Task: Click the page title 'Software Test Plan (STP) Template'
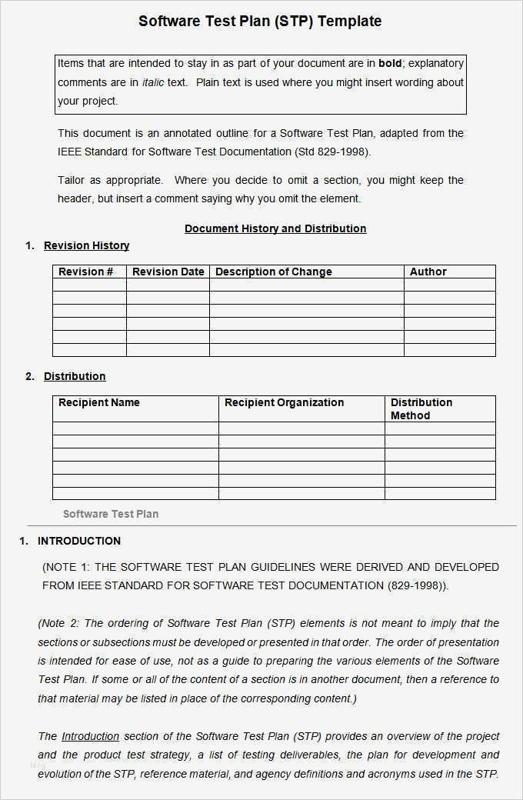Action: (x=260, y=21)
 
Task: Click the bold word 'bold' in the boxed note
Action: (x=390, y=63)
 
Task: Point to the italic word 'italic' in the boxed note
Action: (x=153, y=82)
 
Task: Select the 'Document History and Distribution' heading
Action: (x=275, y=228)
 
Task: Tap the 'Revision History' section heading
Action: (x=86, y=245)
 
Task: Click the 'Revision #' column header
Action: (x=86, y=272)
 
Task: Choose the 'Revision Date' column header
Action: (x=168, y=272)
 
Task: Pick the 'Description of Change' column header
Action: (x=273, y=272)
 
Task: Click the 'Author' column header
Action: (x=428, y=272)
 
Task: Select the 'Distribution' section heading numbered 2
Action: (x=75, y=376)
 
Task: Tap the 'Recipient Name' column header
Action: (x=99, y=402)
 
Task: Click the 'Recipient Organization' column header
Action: (x=284, y=402)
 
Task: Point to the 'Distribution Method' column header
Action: (x=421, y=408)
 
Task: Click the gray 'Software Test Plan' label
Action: (x=111, y=514)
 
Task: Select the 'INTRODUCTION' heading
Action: (x=79, y=541)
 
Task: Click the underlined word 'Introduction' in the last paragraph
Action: (x=90, y=736)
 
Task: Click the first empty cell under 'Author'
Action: (x=449, y=285)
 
